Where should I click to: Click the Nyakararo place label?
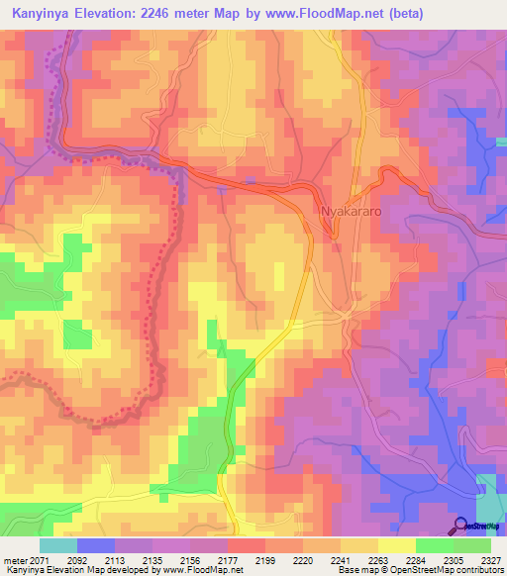coord(351,211)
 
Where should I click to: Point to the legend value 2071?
coord(38,559)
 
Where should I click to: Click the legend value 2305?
coord(450,559)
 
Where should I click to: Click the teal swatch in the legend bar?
coord(58,545)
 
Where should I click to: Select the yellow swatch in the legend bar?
coord(396,545)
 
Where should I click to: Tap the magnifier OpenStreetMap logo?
coord(461,525)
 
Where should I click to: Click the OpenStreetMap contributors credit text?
coord(437,571)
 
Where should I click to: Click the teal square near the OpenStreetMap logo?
coord(488,494)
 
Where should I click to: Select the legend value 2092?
coord(74,559)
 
